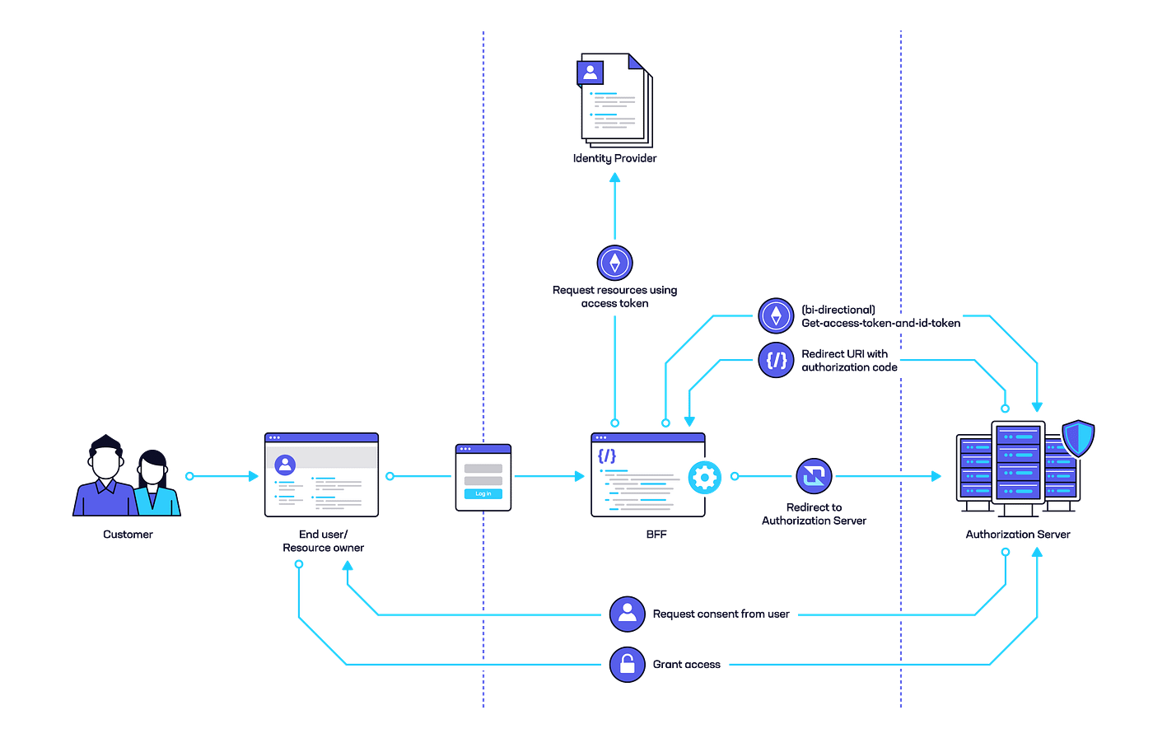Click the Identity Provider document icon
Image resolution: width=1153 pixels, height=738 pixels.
pos(615,100)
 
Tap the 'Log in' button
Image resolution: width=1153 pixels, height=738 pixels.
pos(483,494)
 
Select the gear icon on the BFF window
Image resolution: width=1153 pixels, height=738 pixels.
pos(705,478)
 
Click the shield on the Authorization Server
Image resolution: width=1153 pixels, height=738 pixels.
pos(1078,438)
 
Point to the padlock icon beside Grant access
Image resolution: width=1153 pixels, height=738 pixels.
pos(627,665)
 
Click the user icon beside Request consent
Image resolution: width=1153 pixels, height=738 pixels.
pos(627,614)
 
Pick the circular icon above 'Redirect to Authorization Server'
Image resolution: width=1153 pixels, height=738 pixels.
pos(814,476)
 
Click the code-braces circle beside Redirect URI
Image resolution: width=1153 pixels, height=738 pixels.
pos(776,360)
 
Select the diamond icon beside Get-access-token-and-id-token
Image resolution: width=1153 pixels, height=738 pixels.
pos(776,315)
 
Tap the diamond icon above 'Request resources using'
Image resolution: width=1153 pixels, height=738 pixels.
pos(614,263)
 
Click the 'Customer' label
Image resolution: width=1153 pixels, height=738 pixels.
pos(128,535)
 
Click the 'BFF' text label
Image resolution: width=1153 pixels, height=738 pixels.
pos(656,535)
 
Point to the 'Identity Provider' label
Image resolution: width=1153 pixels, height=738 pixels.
pos(614,158)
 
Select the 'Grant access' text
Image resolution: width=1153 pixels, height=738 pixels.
pos(687,665)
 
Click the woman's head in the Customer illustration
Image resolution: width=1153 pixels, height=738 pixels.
pos(152,467)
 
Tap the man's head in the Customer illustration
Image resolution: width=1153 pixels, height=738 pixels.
pos(106,457)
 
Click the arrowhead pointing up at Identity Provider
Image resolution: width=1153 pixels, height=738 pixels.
pos(614,178)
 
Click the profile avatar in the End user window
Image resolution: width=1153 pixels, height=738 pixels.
pos(285,465)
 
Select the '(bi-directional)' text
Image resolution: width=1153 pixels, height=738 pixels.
pos(838,310)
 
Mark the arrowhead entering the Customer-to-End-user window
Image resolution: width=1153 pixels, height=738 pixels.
pos(254,476)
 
